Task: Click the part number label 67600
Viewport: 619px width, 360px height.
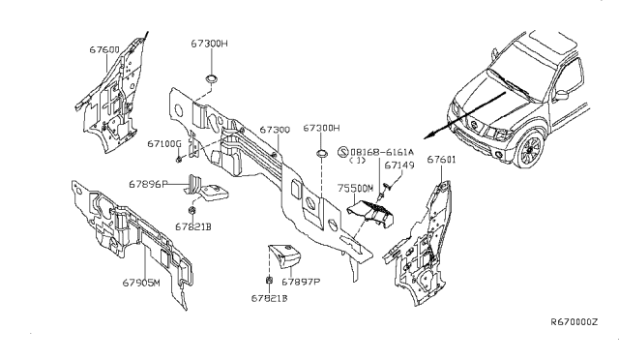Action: pos(104,49)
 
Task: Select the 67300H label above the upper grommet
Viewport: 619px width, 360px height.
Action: pos(209,44)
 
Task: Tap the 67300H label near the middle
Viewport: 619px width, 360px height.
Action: pos(321,128)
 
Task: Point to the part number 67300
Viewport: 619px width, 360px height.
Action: pos(275,130)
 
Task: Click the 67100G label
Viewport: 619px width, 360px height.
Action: pos(164,143)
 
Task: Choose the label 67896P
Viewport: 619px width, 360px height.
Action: pos(148,184)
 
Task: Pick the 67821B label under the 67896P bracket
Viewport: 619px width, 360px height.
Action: pos(193,226)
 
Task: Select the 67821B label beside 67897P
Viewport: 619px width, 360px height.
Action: pos(269,298)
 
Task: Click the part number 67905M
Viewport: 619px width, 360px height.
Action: pos(141,283)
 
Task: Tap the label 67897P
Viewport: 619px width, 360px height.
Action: pos(301,282)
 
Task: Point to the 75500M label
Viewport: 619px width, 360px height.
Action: pos(355,189)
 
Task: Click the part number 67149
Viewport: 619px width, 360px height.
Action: pos(399,165)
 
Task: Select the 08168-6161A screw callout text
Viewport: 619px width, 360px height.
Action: pos(382,152)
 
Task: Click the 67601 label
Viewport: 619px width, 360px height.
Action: pos(441,160)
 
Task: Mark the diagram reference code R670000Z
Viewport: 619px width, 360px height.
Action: pos(575,322)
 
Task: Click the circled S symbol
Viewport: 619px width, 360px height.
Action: pos(343,152)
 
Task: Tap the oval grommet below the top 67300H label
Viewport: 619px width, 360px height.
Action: pos(213,78)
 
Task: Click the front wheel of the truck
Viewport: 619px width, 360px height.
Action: pos(530,150)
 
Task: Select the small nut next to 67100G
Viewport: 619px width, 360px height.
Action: pos(179,159)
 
